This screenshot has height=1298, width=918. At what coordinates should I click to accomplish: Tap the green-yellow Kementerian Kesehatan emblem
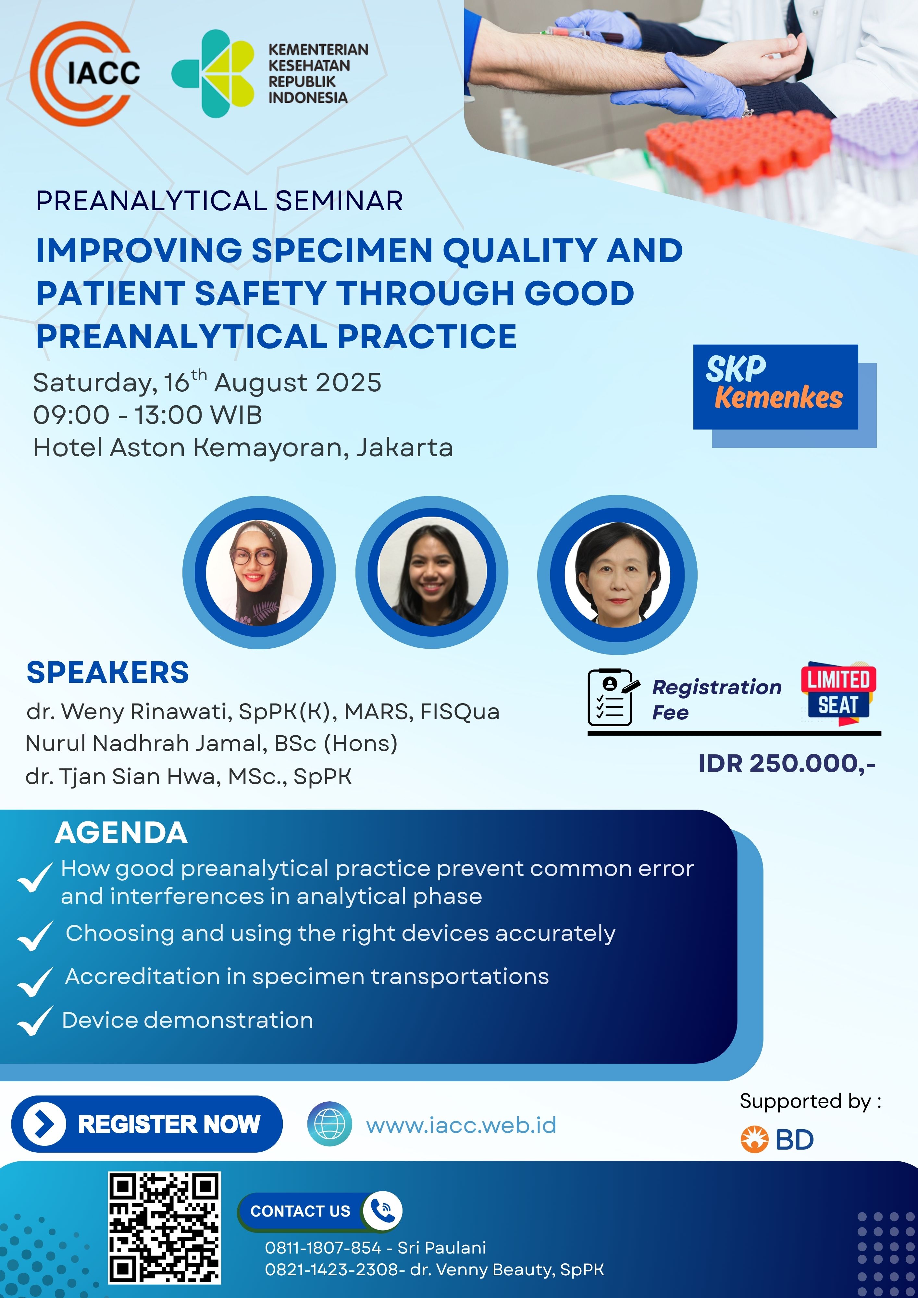coord(213,73)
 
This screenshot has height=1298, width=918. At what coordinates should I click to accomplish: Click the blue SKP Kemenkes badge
coord(775,387)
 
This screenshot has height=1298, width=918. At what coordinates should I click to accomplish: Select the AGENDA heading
coord(121,833)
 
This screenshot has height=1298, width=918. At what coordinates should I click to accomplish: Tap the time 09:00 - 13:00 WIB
coord(148,415)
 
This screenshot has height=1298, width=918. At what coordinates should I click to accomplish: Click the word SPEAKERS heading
coord(107,672)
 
